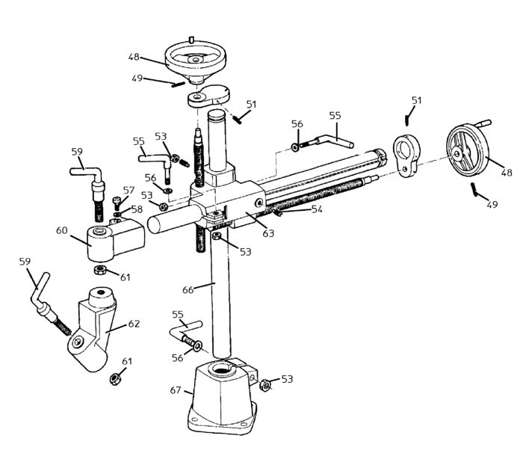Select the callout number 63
267,233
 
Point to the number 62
134,324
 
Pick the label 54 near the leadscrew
316,209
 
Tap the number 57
129,190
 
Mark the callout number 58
137,209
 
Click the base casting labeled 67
223,400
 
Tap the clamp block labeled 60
112,238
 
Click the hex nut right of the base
264,385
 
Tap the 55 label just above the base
177,315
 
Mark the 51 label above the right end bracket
416,99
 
